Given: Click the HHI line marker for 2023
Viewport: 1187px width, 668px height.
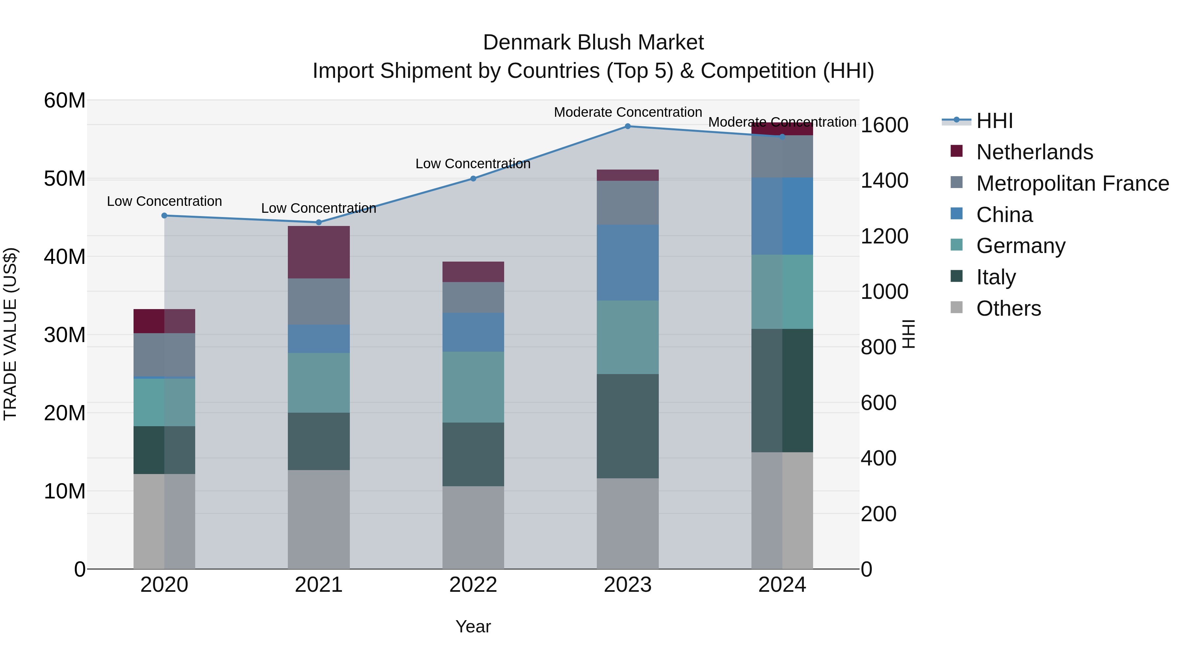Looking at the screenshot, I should click(x=627, y=126).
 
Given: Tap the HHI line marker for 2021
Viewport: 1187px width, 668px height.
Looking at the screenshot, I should click(x=319, y=222).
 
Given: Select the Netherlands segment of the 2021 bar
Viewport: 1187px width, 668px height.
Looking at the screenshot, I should click(x=319, y=252).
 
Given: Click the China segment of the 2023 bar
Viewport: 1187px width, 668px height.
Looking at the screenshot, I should click(x=627, y=263).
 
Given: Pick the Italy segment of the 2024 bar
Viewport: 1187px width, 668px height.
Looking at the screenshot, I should click(x=782, y=391).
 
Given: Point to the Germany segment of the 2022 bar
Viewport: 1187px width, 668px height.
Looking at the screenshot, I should click(x=473, y=387).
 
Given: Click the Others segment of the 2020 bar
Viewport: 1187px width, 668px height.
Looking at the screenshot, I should click(x=164, y=522).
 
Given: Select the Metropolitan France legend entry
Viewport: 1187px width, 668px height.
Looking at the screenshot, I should click(x=1072, y=183).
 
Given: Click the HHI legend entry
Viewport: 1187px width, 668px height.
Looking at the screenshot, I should click(x=994, y=121).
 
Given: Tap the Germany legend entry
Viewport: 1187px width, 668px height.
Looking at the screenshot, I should click(x=1020, y=246).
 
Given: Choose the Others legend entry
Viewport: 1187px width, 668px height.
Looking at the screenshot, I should click(x=1008, y=308).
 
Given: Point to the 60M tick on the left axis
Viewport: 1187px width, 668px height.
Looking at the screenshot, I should click(x=65, y=101).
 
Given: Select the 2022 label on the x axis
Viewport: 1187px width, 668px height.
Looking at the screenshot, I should click(x=473, y=585).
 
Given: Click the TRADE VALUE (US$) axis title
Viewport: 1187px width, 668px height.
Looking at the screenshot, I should click(x=10, y=334).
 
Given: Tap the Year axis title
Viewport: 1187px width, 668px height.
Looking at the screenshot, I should click(x=473, y=626).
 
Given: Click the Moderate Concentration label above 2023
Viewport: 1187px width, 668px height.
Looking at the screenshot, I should click(x=627, y=112).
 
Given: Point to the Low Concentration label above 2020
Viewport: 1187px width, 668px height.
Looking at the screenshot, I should click(x=164, y=202).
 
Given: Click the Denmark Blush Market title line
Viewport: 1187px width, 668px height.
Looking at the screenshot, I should click(x=593, y=43).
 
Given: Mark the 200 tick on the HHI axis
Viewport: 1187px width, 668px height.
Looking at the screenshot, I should click(x=878, y=514).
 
